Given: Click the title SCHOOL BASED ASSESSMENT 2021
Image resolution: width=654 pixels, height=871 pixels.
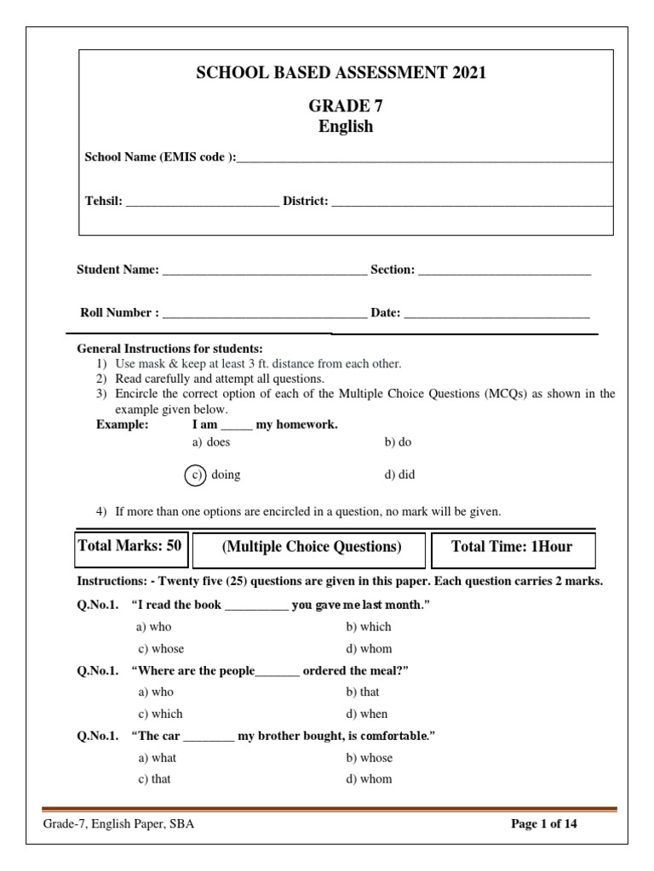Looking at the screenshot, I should click(x=341, y=73).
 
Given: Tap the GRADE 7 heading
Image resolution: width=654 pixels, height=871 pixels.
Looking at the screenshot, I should click(x=345, y=107).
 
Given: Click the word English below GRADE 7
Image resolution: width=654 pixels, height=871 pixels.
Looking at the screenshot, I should click(x=345, y=127).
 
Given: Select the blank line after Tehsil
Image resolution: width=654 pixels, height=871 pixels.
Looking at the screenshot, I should click(x=202, y=203).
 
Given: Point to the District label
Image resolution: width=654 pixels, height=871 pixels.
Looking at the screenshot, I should click(x=305, y=202).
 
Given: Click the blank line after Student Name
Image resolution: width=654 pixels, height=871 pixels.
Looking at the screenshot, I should click(x=264, y=272).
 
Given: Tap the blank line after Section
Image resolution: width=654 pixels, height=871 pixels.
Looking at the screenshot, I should click(x=504, y=272).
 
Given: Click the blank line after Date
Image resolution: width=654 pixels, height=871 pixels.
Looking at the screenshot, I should click(x=496, y=315).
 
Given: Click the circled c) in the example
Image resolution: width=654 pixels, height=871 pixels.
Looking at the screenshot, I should click(x=196, y=475).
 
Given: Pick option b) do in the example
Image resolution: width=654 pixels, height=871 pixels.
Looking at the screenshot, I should click(x=398, y=442).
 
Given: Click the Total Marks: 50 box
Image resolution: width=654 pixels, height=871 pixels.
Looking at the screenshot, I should click(x=129, y=547).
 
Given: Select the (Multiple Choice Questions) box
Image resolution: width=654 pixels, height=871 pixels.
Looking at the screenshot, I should click(x=311, y=548).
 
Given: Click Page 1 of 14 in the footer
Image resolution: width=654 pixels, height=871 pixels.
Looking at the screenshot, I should click(x=543, y=824).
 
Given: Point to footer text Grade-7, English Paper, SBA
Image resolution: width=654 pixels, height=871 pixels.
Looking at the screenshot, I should click(x=118, y=824).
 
